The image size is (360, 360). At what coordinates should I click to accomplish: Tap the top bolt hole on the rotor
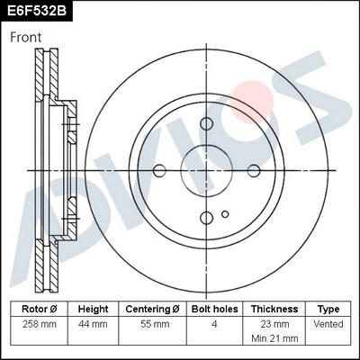[x=206, y=123]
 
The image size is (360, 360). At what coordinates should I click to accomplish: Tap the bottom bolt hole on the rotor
[x=206, y=216]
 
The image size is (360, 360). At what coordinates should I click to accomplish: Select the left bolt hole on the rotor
[x=160, y=170]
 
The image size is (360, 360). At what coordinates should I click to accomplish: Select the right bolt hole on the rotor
[x=253, y=170]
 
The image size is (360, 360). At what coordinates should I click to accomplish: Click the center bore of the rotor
[x=206, y=170]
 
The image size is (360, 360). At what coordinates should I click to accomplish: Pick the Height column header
[x=93, y=309]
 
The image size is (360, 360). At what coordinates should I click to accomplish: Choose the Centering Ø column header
[x=152, y=309]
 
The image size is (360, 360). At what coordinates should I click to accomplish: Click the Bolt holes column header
[x=215, y=309]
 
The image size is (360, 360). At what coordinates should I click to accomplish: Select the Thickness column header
[x=274, y=309]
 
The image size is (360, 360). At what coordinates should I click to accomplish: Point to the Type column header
[x=329, y=309]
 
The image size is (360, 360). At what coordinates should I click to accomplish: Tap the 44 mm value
[x=93, y=323]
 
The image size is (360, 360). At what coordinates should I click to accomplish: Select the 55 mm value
[x=152, y=323]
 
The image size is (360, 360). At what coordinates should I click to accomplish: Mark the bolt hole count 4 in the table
[x=215, y=323]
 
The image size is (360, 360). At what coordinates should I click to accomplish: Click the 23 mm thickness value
[x=274, y=323]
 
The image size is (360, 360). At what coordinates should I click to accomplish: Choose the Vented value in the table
[x=329, y=323]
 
